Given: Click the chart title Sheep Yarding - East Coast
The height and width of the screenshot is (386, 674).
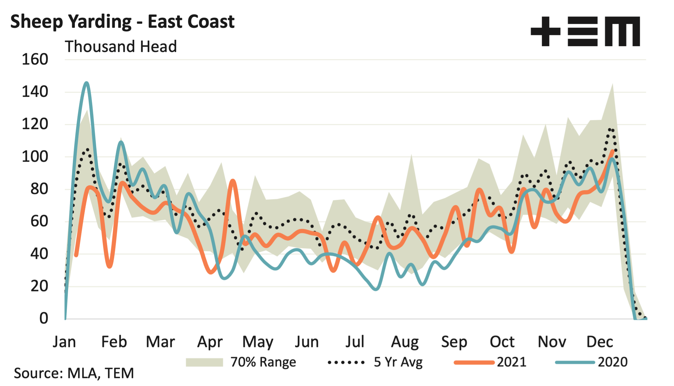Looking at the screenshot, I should (122, 22).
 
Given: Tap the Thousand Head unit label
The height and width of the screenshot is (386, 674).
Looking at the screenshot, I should (121, 46).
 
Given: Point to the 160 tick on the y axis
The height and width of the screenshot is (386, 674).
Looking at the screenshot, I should (35, 60).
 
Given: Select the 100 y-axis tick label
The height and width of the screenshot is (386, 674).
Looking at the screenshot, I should (35, 157).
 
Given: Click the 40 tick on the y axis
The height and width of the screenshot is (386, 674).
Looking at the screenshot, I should (39, 254).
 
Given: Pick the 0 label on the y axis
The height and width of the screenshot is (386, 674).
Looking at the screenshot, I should (44, 319).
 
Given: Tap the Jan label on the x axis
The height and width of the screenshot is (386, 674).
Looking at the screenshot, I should (64, 342).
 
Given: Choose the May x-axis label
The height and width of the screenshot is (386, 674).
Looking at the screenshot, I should (258, 342).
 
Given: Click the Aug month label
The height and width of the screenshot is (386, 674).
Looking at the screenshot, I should (405, 342).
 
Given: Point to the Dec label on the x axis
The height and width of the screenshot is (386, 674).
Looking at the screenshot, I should (600, 342).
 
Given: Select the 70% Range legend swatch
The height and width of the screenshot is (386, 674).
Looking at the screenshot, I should (204, 362).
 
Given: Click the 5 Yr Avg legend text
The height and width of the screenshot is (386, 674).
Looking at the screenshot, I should (398, 362).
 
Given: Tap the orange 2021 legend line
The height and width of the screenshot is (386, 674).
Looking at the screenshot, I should (474, 362).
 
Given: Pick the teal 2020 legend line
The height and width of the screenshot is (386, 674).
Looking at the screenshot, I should (575, 362).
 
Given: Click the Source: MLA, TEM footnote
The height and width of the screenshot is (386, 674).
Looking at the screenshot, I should (74, 373).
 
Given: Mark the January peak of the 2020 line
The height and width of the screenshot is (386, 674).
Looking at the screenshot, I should (86, 83).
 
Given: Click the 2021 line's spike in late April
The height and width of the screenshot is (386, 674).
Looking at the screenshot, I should (233, 181).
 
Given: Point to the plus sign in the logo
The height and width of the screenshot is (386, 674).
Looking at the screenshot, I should (545, 31).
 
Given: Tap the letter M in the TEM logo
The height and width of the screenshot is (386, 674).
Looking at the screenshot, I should (622, 32).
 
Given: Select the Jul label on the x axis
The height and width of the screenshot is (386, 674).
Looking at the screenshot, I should (355, 342).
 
